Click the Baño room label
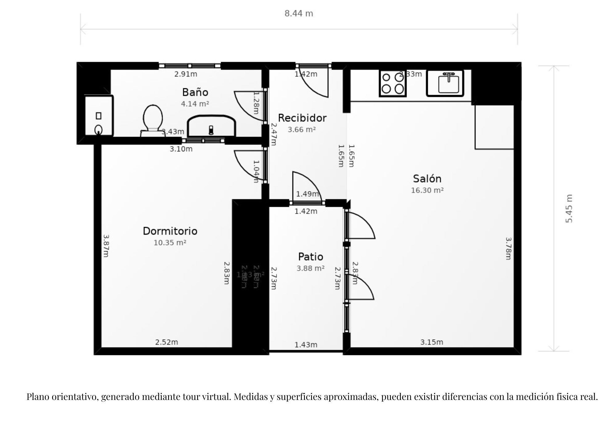195,92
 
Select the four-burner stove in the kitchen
393,83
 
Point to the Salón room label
427,179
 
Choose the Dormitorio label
170,231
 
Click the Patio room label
310,257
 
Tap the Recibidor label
302,118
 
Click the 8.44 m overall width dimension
298,14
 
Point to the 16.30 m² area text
427,190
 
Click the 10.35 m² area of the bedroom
170,243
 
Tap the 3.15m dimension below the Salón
432,342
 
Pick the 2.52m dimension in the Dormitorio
166,342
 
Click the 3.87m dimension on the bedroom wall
106,245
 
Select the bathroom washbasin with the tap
211,126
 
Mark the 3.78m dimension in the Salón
509,248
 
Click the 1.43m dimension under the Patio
306,345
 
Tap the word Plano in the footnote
38,397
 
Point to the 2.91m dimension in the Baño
185,74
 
